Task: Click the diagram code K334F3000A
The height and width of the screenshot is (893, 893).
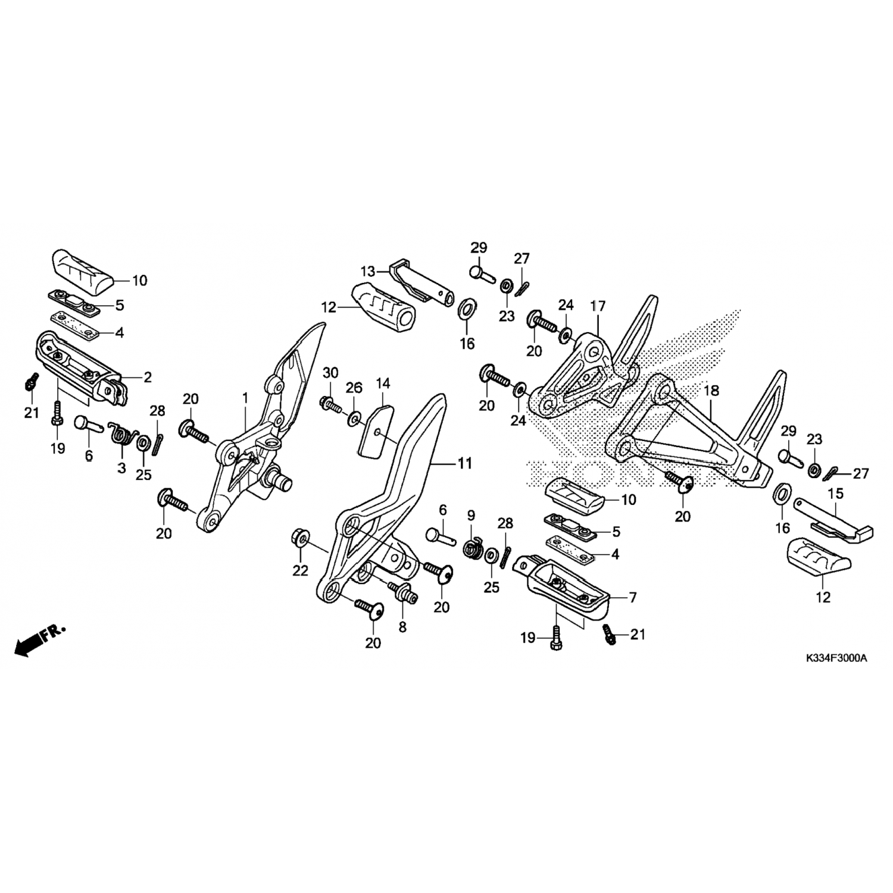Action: click(836, 658)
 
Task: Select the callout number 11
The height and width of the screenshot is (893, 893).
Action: click(464, 463)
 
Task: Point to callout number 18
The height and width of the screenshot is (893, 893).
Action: click(711, 391)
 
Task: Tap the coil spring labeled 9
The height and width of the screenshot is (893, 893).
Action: click(473, 547)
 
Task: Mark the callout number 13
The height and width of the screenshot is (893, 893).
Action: click(369, 271)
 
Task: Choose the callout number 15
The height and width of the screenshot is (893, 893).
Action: click(836, 494)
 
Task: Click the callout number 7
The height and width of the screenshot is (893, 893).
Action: click(633, 597)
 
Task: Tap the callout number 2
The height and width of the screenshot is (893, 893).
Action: click(147, 377)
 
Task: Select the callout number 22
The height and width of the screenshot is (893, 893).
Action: click(300, 570)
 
